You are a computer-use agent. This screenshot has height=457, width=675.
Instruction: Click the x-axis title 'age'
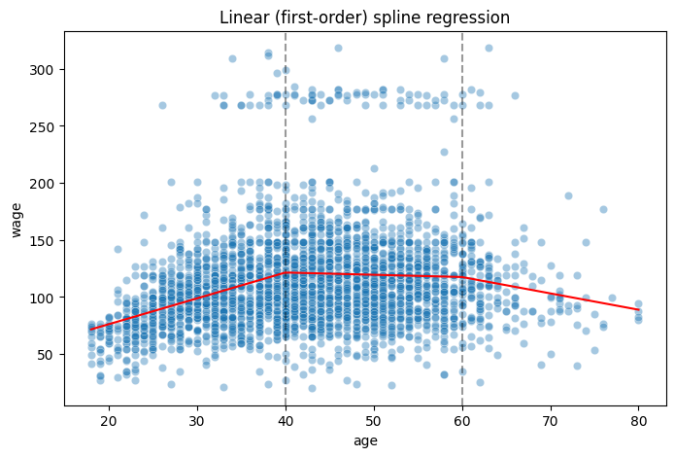coord(365,440)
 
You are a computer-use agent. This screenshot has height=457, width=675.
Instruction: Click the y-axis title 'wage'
coord(16,218)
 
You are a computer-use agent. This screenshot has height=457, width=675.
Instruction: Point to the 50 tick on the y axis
coord(47,354)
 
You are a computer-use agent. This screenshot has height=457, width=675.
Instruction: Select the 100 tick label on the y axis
coord(44,297)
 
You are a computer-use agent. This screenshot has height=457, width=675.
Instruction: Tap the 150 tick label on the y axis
coord(44,240)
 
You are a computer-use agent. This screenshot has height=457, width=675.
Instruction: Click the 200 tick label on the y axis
coord(44,183)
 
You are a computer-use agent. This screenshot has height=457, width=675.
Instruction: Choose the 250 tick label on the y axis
coord(44,126)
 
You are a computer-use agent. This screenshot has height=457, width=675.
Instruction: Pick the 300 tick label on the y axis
coord(44,69)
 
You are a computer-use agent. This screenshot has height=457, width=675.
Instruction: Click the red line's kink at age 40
coord(286,273)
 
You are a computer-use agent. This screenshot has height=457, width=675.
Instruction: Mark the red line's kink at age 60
coord(462,277)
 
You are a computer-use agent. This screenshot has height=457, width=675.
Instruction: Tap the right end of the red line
coord(639,309)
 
